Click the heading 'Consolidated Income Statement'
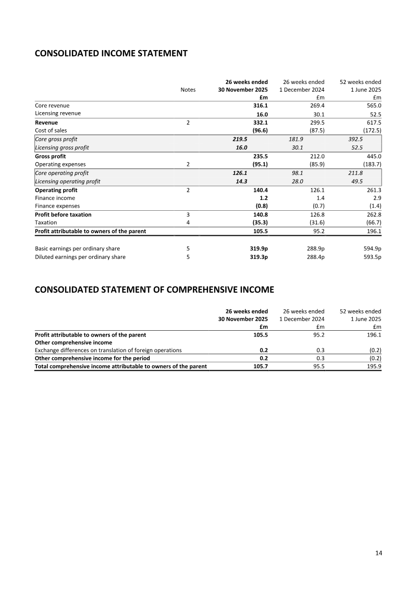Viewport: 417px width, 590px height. point(111,53)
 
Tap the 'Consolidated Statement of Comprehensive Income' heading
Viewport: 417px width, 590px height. point(154,290)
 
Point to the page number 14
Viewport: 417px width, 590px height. point(378,553)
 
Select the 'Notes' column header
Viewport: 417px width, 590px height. point(188,90)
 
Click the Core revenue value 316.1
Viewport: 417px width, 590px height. point(260,105)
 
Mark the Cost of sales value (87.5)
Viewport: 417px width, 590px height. point(315,130)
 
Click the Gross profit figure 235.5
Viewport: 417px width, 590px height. point(260,156)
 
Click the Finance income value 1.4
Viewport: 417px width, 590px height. point(320,198)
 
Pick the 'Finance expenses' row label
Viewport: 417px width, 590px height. point(57,206)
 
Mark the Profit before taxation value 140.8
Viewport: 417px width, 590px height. point(260,214)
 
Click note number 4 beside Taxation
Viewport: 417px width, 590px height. point(188,223)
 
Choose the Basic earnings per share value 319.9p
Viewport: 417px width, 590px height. point(257,249)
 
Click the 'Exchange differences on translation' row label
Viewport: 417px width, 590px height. point(108,351)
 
